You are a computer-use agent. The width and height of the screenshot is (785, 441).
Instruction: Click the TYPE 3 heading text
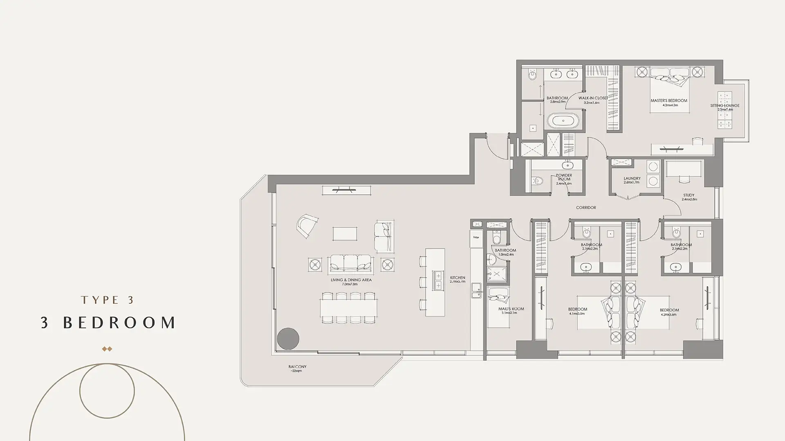(x=108, y=300)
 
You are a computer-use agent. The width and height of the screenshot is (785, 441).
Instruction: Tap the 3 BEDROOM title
(x=108, y=323)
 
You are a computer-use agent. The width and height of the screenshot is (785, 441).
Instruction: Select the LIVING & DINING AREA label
(x=351, y=280)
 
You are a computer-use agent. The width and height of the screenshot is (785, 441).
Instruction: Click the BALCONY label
(x=297, y=367)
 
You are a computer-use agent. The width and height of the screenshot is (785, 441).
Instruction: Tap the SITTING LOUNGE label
(x=724, y=106)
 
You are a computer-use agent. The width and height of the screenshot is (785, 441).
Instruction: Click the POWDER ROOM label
(x=564, y=177)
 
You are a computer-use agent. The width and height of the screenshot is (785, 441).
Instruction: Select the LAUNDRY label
(x=632, y=178)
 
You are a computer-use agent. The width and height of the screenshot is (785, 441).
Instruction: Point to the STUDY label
(x=689, y=195)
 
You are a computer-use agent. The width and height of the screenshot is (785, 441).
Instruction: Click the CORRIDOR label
(x=586, y=207)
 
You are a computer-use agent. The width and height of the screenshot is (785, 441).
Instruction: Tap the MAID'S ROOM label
(x=511, y=309)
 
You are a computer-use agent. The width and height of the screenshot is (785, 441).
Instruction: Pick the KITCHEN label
(x=458, y=278)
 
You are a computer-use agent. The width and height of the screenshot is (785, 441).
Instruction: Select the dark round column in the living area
(x=288, y=339)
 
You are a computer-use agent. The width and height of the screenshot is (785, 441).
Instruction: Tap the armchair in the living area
(x=308, y=226)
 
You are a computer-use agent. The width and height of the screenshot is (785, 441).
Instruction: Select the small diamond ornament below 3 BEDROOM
(x=107, y=349)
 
